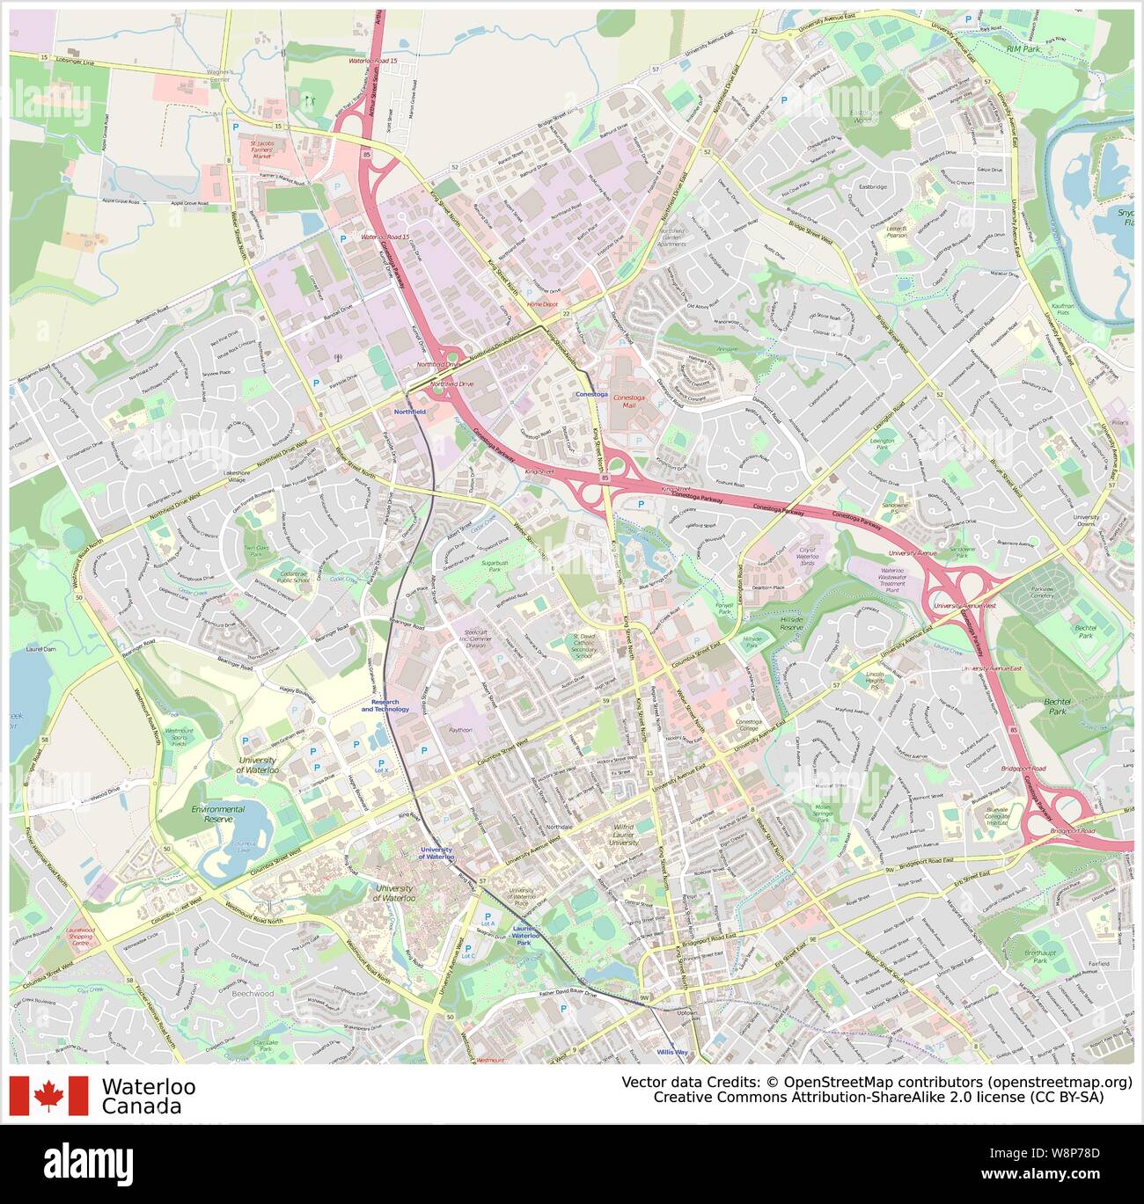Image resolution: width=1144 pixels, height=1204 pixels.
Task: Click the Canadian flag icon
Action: (x=49, y=1096)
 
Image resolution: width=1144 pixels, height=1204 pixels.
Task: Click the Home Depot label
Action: (x=542, y=304)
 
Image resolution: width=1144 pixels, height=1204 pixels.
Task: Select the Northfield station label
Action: (x=408, y=411)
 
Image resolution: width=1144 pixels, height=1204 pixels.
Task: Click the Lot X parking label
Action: (x=381, y=770)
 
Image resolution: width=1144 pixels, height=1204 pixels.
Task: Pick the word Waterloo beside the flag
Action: (x=149, y=1087)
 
